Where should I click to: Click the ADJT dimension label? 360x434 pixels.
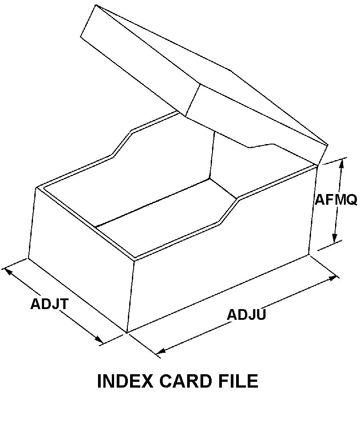tap(49, 304)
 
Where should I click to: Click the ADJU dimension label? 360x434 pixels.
tap(246, 314)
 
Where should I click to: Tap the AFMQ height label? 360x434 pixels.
tap(336, 199)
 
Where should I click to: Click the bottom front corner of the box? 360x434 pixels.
tap(127, 333)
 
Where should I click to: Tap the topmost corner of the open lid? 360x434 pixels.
tap(95, 5)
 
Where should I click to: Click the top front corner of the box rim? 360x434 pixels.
tap(135, 260)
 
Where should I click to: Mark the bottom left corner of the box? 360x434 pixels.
tap(28, 258)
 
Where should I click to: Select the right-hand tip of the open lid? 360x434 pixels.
tap(327, 145)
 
